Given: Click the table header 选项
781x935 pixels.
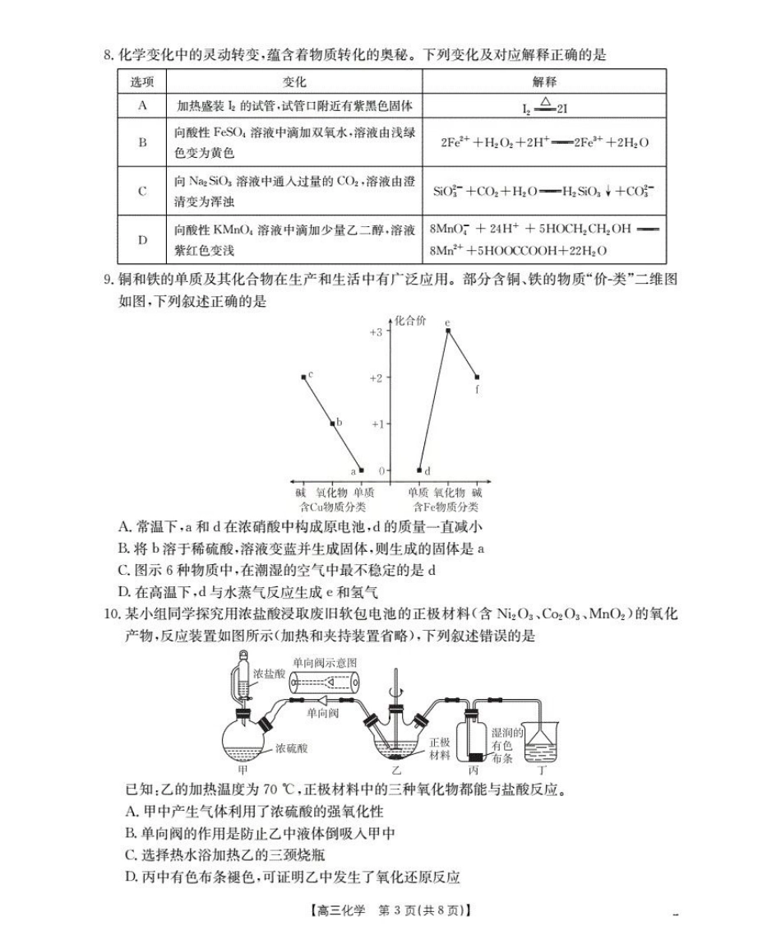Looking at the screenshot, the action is click(x=143, y=82).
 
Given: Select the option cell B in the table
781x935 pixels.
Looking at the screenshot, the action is click(x=143, y=142).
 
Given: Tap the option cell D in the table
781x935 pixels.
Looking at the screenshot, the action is click(x=143, y=239).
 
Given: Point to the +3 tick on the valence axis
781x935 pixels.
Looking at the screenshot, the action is click(x=375, y=331).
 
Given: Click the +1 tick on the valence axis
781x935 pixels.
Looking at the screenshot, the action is click(x=375, y=424).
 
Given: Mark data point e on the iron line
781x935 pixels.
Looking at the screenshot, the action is click(x=447, y=331).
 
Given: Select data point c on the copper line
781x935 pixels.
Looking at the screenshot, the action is click(x=304, y=377).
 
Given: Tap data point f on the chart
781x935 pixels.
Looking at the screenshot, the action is click(x=478, y=377).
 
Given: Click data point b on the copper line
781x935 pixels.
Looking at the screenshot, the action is click(x=332, y=424).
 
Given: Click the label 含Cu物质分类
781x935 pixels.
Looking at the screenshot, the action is click(x=334, y=507).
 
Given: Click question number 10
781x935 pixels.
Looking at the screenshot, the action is click(x=111, y=613).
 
